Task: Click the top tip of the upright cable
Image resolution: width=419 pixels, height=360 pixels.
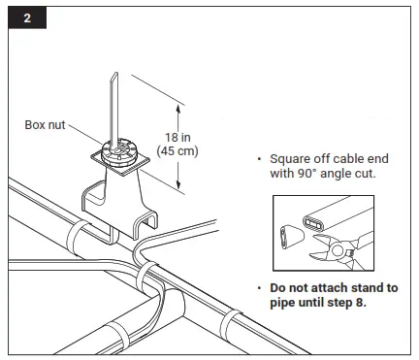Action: (114, 74)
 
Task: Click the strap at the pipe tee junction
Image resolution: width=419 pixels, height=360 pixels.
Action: (148, 281)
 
